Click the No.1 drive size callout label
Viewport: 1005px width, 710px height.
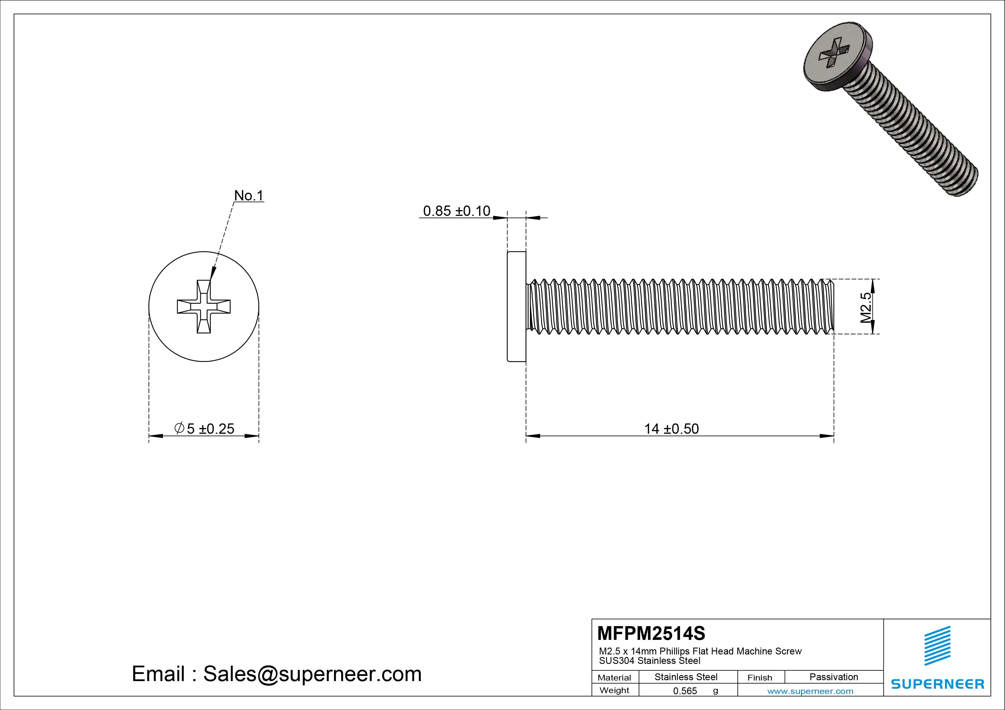[x=249, y=196]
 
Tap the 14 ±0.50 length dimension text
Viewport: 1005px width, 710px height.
[x=671, y=429]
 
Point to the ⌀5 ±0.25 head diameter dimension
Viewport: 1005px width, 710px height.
[x=205, y=429]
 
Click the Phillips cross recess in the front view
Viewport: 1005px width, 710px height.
[x=203, y=307]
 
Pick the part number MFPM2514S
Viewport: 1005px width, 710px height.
[x=651, y=633]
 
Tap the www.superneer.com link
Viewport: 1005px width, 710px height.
[x=810, y=691]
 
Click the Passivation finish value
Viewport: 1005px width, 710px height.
[x=833, y=677]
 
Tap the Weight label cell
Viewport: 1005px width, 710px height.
[x=614, y=690]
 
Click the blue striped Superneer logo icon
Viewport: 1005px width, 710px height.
[x=937, y=645]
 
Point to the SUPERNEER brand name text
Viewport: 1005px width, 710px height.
[x=937, y=684]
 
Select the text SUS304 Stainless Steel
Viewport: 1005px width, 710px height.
[x=649, y=660]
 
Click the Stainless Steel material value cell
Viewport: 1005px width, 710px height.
[x=686, y=677]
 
